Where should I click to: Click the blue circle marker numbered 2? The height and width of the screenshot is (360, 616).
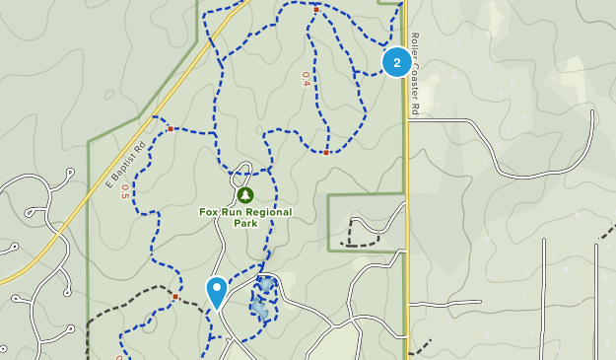396,62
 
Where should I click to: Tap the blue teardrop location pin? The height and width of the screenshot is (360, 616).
216,292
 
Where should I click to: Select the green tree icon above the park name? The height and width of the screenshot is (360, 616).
245,195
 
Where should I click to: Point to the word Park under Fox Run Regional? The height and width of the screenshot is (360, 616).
245,224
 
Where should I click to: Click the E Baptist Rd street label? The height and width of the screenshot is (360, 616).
125,164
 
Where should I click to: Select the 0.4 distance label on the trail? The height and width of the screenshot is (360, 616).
307,78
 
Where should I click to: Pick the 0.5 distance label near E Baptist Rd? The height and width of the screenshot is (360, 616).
124,191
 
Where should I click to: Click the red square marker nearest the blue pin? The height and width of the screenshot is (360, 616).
175,296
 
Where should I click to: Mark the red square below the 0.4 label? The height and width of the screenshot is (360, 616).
326,153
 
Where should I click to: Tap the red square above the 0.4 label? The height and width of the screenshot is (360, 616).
315,9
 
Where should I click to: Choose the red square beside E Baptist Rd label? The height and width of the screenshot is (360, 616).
171,128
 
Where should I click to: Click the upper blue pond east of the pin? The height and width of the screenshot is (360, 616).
266,285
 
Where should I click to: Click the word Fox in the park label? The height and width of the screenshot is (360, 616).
208,212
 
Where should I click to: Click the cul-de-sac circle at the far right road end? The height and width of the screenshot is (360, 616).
592,115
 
